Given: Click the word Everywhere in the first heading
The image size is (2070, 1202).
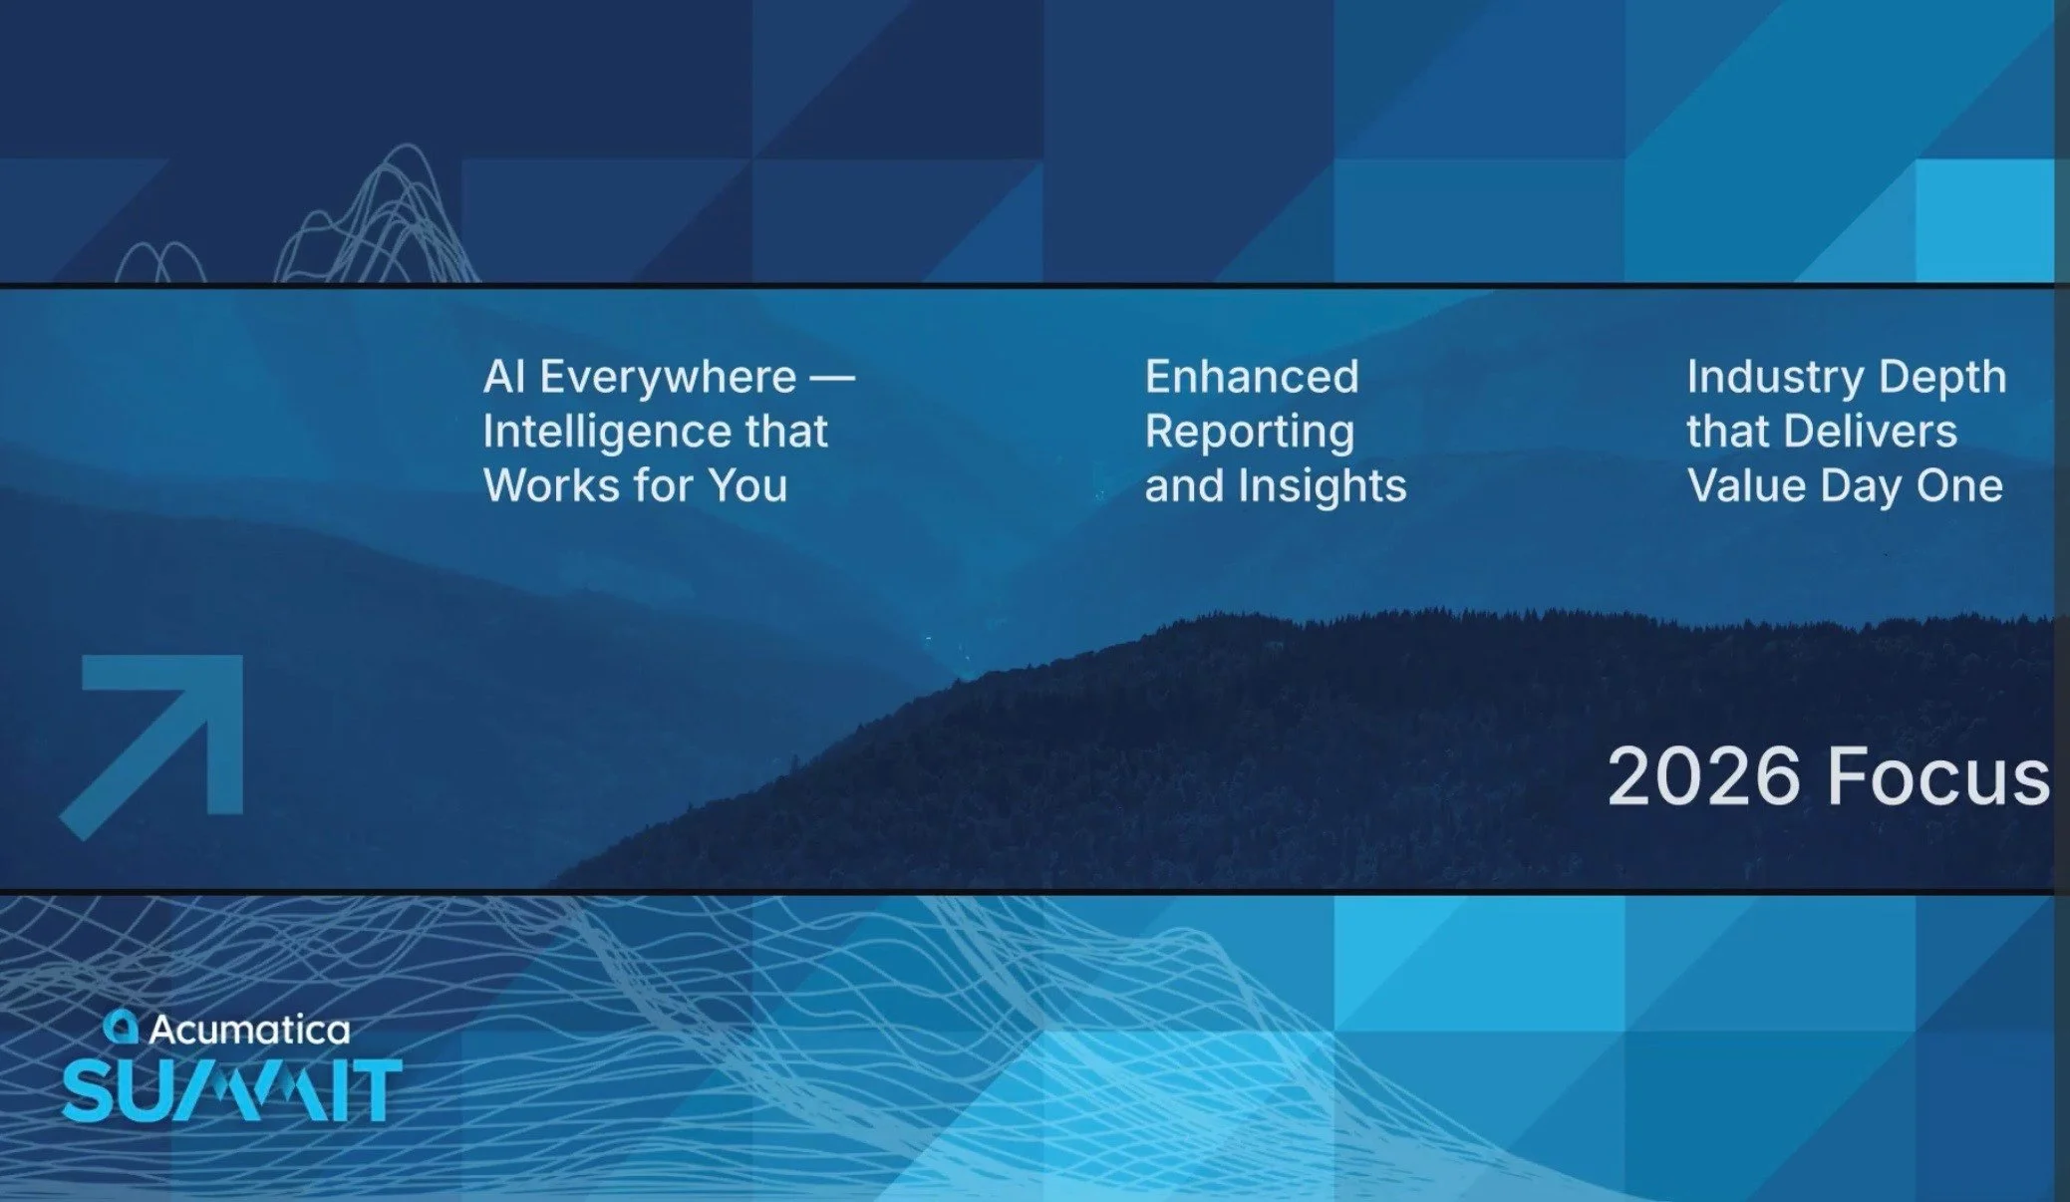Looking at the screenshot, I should click(x=667, y=378).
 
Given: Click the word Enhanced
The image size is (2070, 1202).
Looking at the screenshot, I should click(x=1252, y=378).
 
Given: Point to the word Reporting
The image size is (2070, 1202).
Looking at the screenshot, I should click(x=1250, y=433).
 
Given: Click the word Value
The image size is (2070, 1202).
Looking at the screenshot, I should click(x=1746, y=486).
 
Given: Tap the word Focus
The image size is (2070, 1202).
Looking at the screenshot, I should click(x=1938, y=776).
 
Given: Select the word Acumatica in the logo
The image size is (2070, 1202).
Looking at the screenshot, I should click(x=249, y=1030).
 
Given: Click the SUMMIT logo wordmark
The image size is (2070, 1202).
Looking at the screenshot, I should click(x=231, y=1090).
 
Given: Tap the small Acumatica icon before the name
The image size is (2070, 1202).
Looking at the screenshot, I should click(x=122, y=1027).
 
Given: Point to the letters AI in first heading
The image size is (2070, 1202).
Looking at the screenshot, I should click(x=504, y=378).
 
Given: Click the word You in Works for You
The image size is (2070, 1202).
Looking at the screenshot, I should click(x=747, y=486).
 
